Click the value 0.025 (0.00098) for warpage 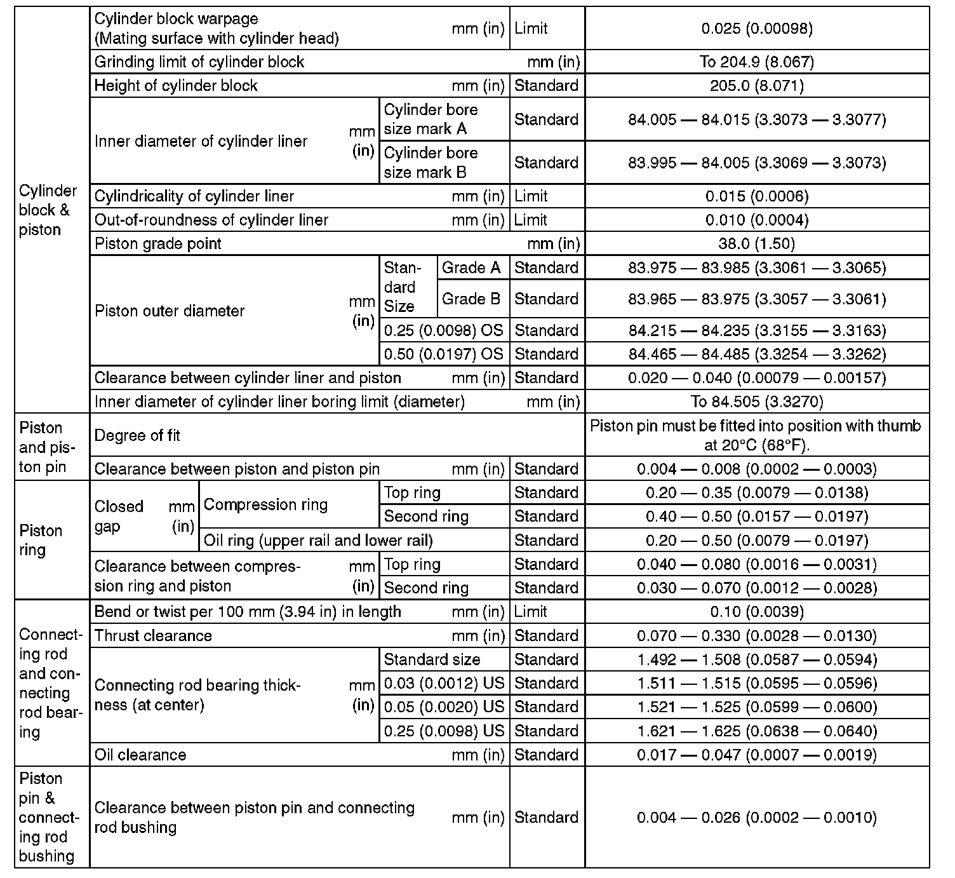[x=757, y=28]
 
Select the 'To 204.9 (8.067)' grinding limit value [x=757, y=62]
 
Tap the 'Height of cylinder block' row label [x=176, y=86]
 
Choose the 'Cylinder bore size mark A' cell [x=431, y=119]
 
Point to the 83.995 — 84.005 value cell [x=757, y=163]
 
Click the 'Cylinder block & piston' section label [x=48, y=210]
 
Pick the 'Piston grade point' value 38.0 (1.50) [x=757, y=243]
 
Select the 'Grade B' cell [x=471, y=299]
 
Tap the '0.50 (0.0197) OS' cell [x=443, y=354]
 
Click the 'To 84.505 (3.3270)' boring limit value [x=757, y=402]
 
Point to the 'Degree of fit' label [x=137, y=435]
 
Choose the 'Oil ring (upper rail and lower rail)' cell [x=318, y=540]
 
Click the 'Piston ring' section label [x=41, y=540]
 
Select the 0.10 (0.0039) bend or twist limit [x=757, y=612]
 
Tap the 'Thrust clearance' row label [x=153, y=635]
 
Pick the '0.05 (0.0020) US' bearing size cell [x=443, y=706]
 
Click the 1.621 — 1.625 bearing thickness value [x=757, y=731]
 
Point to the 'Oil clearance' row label [x=140, y=755]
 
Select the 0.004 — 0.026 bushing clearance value [x=757, y=817]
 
